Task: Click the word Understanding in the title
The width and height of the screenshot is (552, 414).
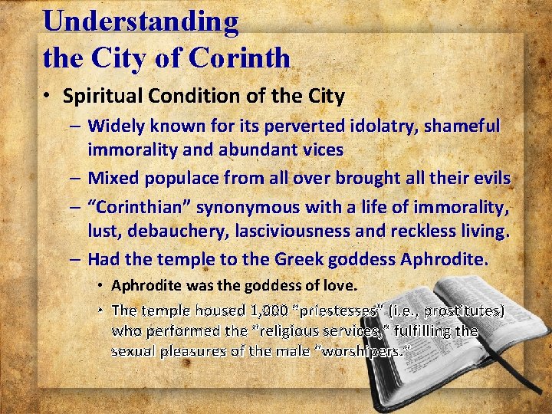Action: [141, 21]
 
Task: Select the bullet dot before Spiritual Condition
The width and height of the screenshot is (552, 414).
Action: [48, 97]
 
